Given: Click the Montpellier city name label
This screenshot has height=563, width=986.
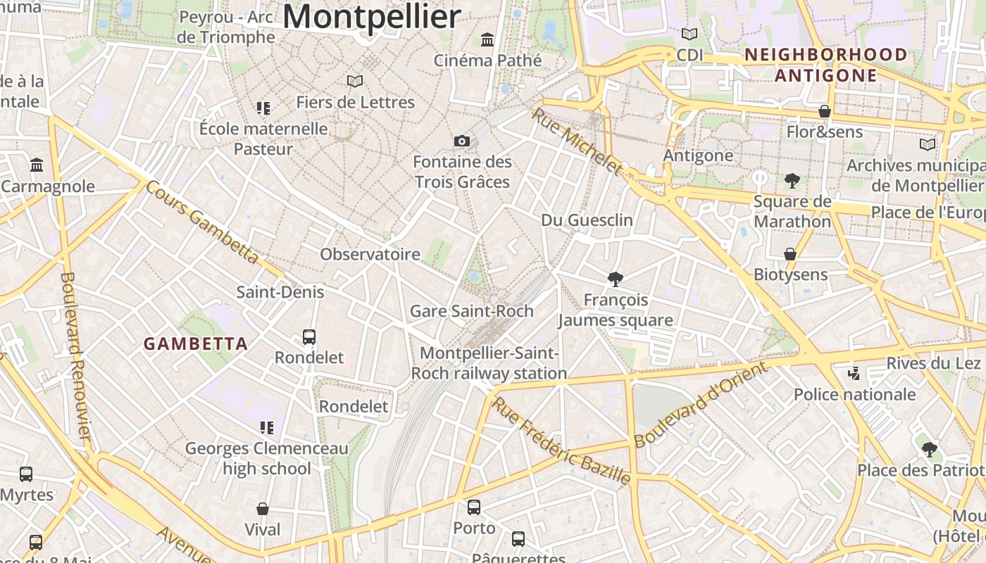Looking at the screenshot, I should tap(372, 16).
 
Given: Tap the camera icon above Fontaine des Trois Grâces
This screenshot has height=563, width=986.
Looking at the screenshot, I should tap(462, 141).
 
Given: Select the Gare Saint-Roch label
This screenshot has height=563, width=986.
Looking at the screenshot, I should tap(472, 310).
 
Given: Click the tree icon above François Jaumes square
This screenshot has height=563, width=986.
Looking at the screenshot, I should tap(615, 279).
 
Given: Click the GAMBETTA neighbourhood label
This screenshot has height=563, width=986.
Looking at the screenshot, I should tap(196, 343).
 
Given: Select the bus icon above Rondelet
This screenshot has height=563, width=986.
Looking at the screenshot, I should tap(308, 336).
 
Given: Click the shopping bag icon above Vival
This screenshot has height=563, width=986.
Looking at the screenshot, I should tap(263, 508).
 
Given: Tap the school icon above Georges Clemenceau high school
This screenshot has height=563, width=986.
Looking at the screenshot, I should tap(266, 427).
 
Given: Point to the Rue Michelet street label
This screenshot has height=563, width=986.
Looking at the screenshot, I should tap(578, 141).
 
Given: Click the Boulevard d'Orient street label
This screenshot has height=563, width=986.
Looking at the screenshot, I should tap(700, 404).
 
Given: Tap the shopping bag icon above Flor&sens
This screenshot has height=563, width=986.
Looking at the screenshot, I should tap(824, 111).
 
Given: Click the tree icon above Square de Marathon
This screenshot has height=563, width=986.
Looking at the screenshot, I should tap(792, 181).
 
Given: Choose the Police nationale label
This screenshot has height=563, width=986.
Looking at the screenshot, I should tap(855, 394).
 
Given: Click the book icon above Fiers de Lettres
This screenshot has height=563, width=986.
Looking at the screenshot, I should tap(355, 82).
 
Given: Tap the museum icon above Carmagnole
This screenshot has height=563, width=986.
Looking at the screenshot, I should tap(37, 165).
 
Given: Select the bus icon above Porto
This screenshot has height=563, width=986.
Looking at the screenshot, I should tap(474, 507).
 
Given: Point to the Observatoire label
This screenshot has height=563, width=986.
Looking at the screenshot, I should tap(370, 254).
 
